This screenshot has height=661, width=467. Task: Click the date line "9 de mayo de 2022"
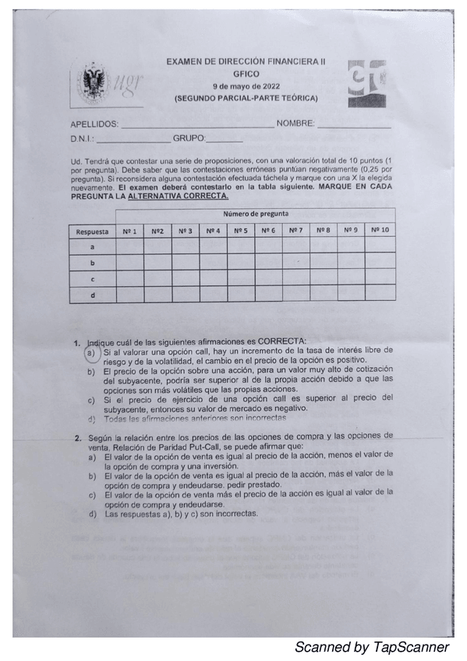[x=246, y=85]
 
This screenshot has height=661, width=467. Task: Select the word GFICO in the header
[x=245, y=73]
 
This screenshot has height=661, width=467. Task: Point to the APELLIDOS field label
[x=94, y=124]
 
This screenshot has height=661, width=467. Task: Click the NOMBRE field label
[x=295, y=124]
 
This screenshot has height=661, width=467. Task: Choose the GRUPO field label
[x=189, y=139]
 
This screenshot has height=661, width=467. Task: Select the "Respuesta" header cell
[x=92, y=232]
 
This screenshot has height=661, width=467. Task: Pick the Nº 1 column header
[x=129, y=231]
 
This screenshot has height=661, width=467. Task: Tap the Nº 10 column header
[x=380, y=231]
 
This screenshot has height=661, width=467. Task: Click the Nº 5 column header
[x=241, y=231]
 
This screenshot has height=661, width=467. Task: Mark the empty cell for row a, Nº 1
[x=129, y=247]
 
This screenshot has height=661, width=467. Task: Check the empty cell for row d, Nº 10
[x=380, y=294]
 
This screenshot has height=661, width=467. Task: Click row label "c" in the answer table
[x=92, y=278]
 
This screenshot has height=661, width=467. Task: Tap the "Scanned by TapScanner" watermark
[x=371, y=648]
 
